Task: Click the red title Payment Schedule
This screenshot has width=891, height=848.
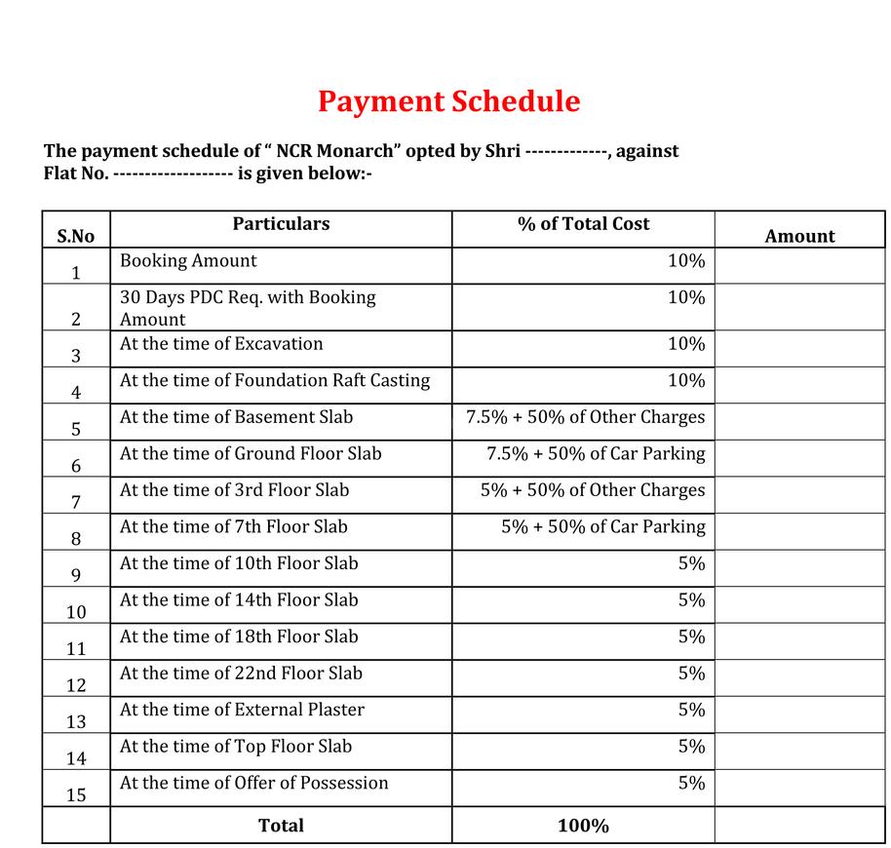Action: click(x=448, y=101)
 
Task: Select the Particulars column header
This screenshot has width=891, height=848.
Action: click(x=281, y=224)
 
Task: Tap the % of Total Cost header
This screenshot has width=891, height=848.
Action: click(x=583, y=224)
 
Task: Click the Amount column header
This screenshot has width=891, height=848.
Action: click(x=799, y=236)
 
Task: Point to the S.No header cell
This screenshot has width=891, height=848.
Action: click(x=76, y=236)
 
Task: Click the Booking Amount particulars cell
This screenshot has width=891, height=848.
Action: click(x=188, y=261)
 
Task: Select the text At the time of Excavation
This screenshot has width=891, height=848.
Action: click(x=221, y=344)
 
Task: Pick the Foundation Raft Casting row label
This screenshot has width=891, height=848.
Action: click(x=275, y=380)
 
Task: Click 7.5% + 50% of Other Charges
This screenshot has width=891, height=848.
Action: click(x=585, y=417)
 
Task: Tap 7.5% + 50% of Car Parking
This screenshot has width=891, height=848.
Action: click(x=596, y=453)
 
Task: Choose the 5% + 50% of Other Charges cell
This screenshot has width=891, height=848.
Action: click(x=592, y=490)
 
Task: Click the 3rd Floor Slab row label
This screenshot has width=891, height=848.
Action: click(x=234, y=490)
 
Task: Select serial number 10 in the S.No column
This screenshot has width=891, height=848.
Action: click(x=76, y=612)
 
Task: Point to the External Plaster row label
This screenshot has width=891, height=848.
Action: click(x=242, y=710)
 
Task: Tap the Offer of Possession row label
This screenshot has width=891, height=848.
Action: click(x=253, y=783)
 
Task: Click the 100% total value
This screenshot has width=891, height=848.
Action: click(x=583, y=826)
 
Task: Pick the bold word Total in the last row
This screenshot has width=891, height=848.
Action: click(x=281, y=826)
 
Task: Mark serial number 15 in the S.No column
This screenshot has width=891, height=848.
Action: click(x=76, y=795)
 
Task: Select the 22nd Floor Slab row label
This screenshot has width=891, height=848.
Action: click(x=241, y=674)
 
